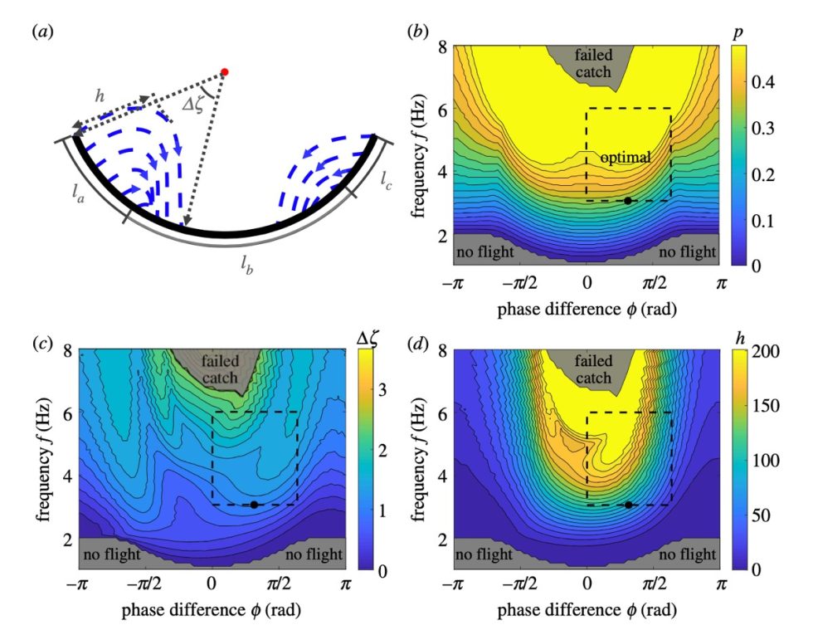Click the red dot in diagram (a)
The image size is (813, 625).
click(224, 72)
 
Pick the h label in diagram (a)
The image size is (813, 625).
click(100, 96)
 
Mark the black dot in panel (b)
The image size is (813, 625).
click(628, 201)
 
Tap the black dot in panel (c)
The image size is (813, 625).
click(254, 505)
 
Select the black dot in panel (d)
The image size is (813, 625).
click(628, 505)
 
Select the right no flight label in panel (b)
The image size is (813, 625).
click(687, 251)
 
